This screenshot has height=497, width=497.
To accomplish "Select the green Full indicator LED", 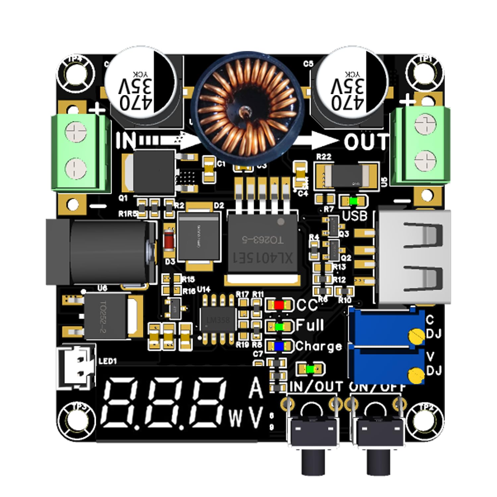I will pyautogui.click(x=279, y=326).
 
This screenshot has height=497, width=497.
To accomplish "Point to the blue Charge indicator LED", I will pyautogui.click(x=279, y=346).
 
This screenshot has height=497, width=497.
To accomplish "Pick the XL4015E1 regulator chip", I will pyautogui.click(x=263, y=245).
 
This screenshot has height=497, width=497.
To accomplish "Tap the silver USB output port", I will pyautogui.click(x=414, y=257).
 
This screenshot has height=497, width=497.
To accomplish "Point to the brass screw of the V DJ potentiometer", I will pyautogui.click(x=416, y=375).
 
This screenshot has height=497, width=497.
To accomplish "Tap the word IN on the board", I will pyautogui.click(x=126, y=140).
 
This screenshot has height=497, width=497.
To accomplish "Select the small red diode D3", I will pyautogui.click(x=170, y=240).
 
